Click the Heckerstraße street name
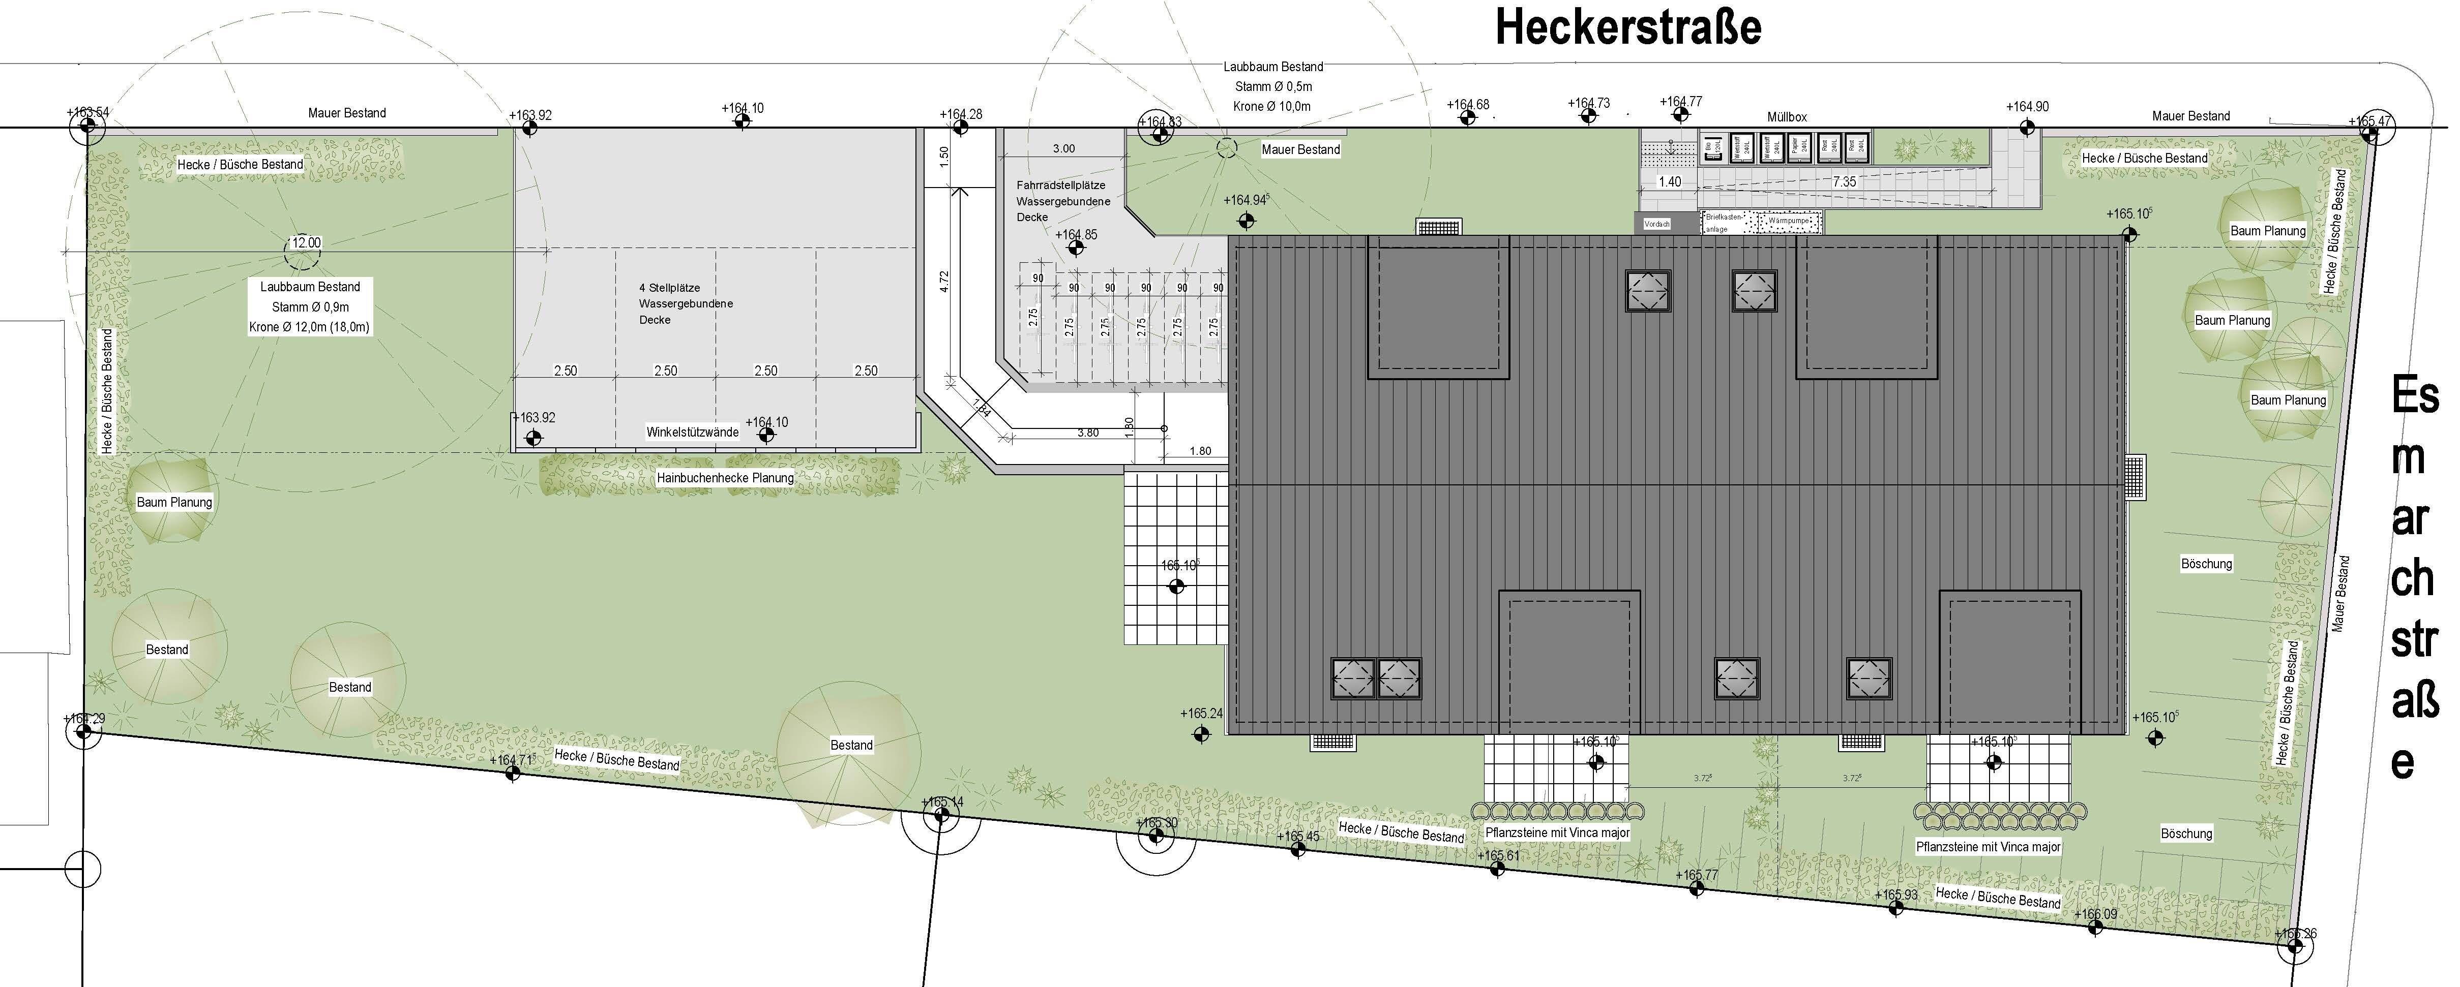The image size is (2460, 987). click(1627, 27)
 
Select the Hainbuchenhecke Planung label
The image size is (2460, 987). click(725, 477)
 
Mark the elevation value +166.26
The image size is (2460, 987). click(2296, 934)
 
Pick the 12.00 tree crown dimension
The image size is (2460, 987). click(306, 242)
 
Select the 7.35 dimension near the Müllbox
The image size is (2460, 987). click(1844, 181)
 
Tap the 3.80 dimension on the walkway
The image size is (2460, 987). click(1088, 433)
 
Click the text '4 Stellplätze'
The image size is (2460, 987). click(669, 287)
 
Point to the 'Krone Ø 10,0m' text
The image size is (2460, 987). click(1272, 106)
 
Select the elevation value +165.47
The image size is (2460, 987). click(2370, 121)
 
